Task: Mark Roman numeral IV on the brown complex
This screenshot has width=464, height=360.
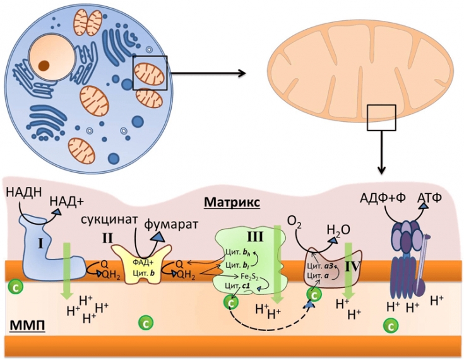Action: pyautogui.click(x=351, y=267)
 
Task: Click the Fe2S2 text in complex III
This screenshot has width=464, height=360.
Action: pyautogui.click(x=247, y=276)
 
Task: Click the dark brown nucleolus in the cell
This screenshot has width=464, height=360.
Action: pyautogui.click(x=44, y=64)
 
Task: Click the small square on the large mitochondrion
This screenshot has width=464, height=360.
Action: pyautogui.click(x=381, y=119)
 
